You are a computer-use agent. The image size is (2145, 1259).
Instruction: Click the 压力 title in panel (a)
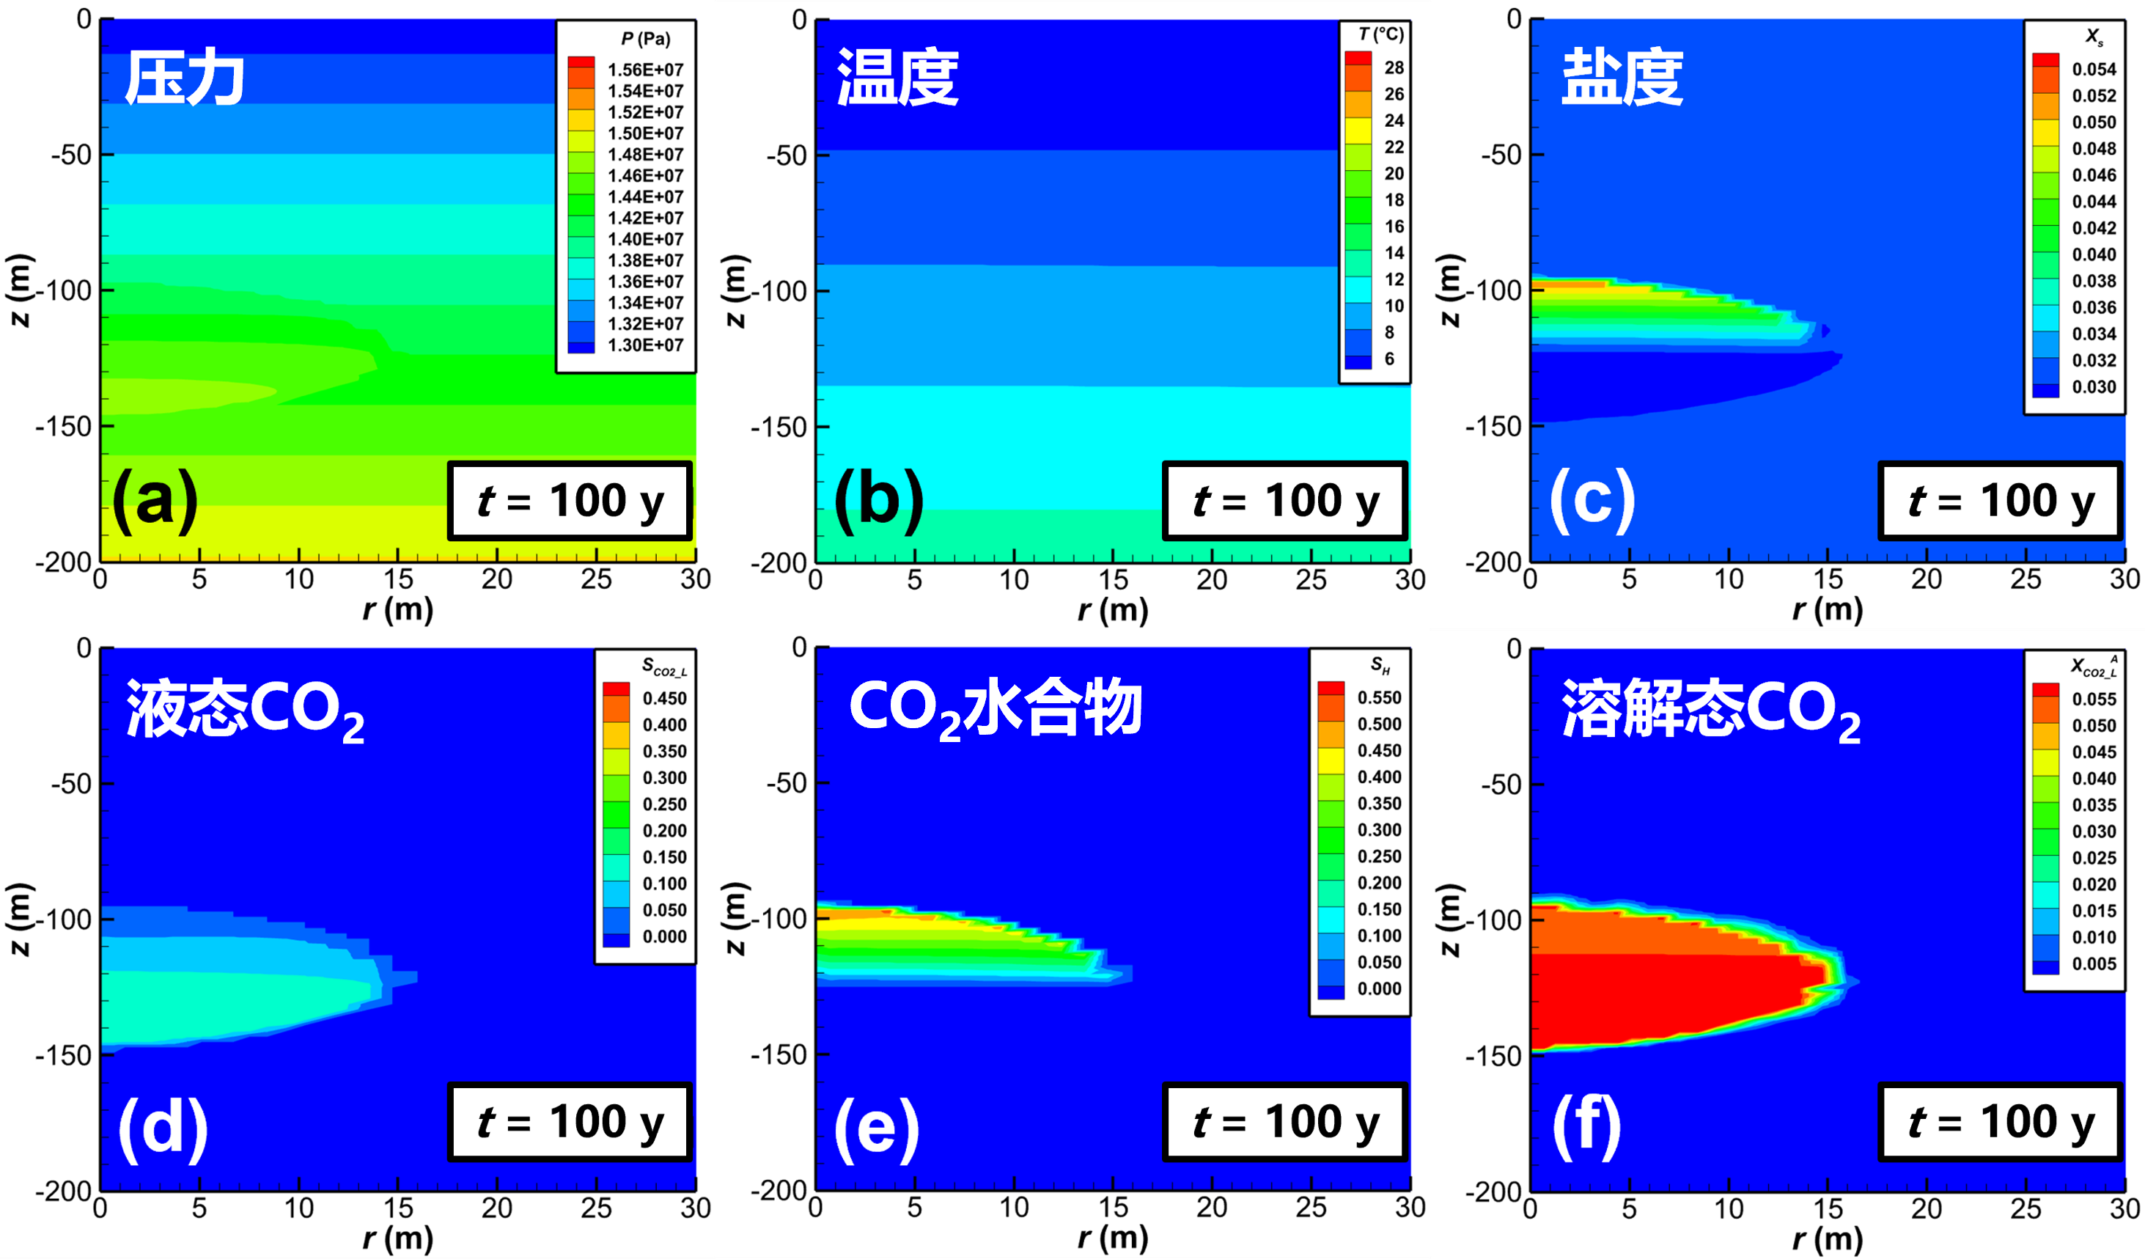tap(184, 78)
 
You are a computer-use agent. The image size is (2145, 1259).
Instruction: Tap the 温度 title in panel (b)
tap(898, 78)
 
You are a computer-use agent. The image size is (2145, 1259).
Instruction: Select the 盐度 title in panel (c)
tap(1622, 78)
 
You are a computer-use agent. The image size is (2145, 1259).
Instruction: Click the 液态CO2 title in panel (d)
tap(245, 709)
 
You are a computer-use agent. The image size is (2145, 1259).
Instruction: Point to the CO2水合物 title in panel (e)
tap(995, 709)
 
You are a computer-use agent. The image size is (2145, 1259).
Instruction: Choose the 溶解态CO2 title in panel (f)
tap(1711, 709)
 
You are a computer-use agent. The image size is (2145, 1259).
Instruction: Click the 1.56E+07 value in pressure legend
tap(645, 70)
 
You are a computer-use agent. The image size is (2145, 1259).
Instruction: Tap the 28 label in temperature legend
tap(1394, 68)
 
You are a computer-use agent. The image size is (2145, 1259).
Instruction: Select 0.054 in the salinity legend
tap(2093, 70)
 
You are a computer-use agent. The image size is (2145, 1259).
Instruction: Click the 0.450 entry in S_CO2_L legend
tap(664, 699)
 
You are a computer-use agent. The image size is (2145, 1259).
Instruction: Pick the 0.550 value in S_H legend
tap(1379, 698)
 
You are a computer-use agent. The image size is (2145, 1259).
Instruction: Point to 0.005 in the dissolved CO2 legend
tap(2093, 963)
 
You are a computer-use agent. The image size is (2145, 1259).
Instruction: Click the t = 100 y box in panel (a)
tap(570, 502)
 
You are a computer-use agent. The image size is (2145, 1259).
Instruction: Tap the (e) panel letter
tap(876, 1128)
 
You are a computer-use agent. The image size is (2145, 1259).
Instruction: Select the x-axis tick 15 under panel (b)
tap(1113, 581)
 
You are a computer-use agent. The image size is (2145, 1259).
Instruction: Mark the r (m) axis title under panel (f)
tap(1828, 1238)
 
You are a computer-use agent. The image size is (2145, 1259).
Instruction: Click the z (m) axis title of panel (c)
tap(1449, 290)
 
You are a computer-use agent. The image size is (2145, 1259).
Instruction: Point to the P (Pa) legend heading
tap(645, 39)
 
